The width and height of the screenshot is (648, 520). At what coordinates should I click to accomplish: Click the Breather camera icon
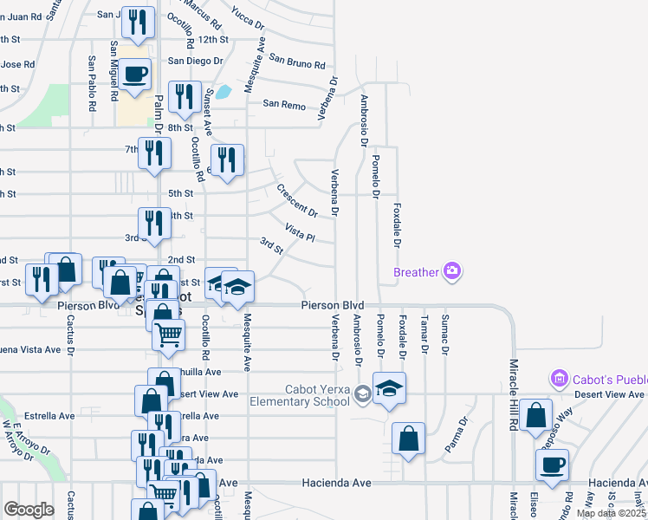click(x=451, y=272)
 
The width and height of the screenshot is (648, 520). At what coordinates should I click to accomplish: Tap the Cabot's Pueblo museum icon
click(x=559, y=379)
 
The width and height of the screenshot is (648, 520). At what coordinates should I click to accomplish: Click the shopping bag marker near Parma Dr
click(x=408, y=439)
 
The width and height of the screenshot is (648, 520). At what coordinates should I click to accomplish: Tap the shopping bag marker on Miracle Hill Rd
click(x=536, y=417)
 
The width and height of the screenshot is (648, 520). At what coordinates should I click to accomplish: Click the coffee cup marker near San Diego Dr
click(x=134, y=75)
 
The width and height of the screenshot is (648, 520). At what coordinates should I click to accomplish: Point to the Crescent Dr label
click(x=297, y=200)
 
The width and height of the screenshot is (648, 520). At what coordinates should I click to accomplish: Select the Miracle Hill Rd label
click(x=513, y=379)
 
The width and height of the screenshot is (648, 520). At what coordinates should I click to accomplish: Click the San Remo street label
click(x=284, y=104)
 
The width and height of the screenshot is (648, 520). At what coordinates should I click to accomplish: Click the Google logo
click(x=28, y=510)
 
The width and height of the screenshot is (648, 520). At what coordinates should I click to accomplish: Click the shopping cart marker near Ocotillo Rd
click(x=168, y=335)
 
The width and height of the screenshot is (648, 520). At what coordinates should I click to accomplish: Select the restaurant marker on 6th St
click(x=227, y=161)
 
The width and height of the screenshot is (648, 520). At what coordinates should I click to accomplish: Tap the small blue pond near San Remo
click(x=224, y=91)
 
